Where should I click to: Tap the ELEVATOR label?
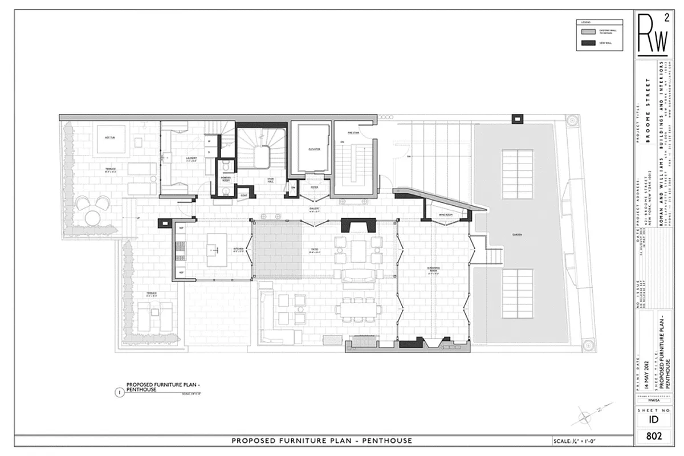tap(315, 149)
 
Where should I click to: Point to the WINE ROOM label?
tap(445, 215)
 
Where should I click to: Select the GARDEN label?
tap(517, 234)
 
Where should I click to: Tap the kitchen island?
tap(217, 245)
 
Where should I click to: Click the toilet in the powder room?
tap(226, 166)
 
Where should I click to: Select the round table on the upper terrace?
tap(92, 217)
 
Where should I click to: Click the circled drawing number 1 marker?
tap(119, 392)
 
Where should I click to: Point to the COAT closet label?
tap(243, 195)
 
